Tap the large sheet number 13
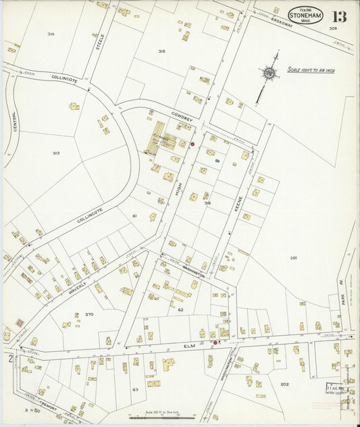point(339,16)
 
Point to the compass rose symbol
point(269,72)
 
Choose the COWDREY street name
point(182,116)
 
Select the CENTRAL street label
point(13,122)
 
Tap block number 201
point(294,257)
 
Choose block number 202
point(284,384)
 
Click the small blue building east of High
point(216,161)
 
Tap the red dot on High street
point(192,144)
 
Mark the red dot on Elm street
point(215,343)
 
